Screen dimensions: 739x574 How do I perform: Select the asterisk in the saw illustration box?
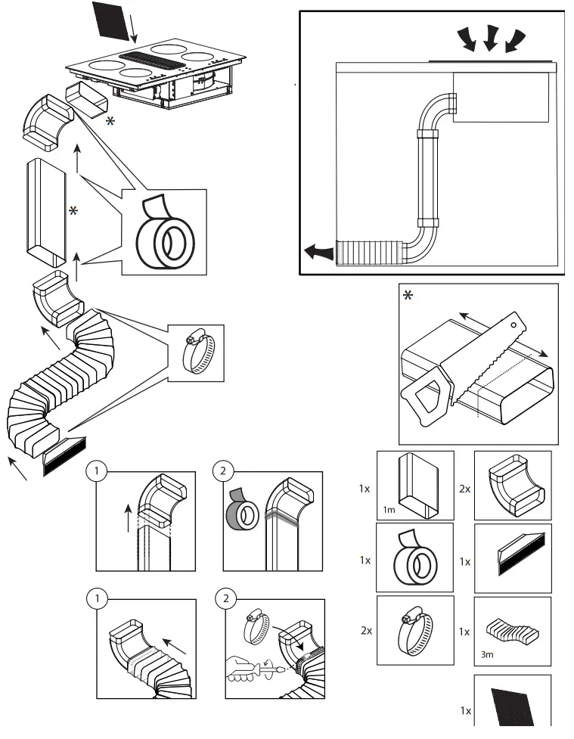(x=408, y=296)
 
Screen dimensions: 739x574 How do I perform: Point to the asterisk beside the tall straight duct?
(x=73, y=212)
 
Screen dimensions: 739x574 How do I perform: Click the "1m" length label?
(x=389, y=510)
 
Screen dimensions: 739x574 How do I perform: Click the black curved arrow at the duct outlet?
(x=317, y=252)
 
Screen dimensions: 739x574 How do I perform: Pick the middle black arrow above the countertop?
(x=489, y=38)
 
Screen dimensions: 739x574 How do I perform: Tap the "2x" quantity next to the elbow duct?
(x=464, y=489)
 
